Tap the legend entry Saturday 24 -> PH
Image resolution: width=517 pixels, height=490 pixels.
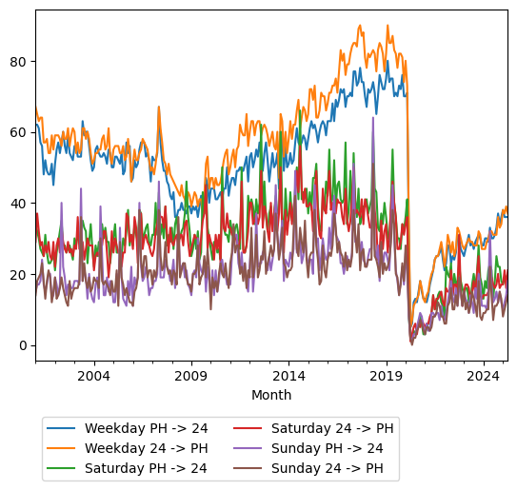[331, 427]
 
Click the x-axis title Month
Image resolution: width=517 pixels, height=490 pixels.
[271, 395]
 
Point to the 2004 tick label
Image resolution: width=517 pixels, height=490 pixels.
[94, 376]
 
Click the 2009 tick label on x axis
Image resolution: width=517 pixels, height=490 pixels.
[191, 376]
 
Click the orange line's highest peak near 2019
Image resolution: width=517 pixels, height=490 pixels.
[388, 26]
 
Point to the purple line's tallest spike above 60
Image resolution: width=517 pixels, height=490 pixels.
[373, 118]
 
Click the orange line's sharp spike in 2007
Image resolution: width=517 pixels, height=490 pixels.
[159, 107]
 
